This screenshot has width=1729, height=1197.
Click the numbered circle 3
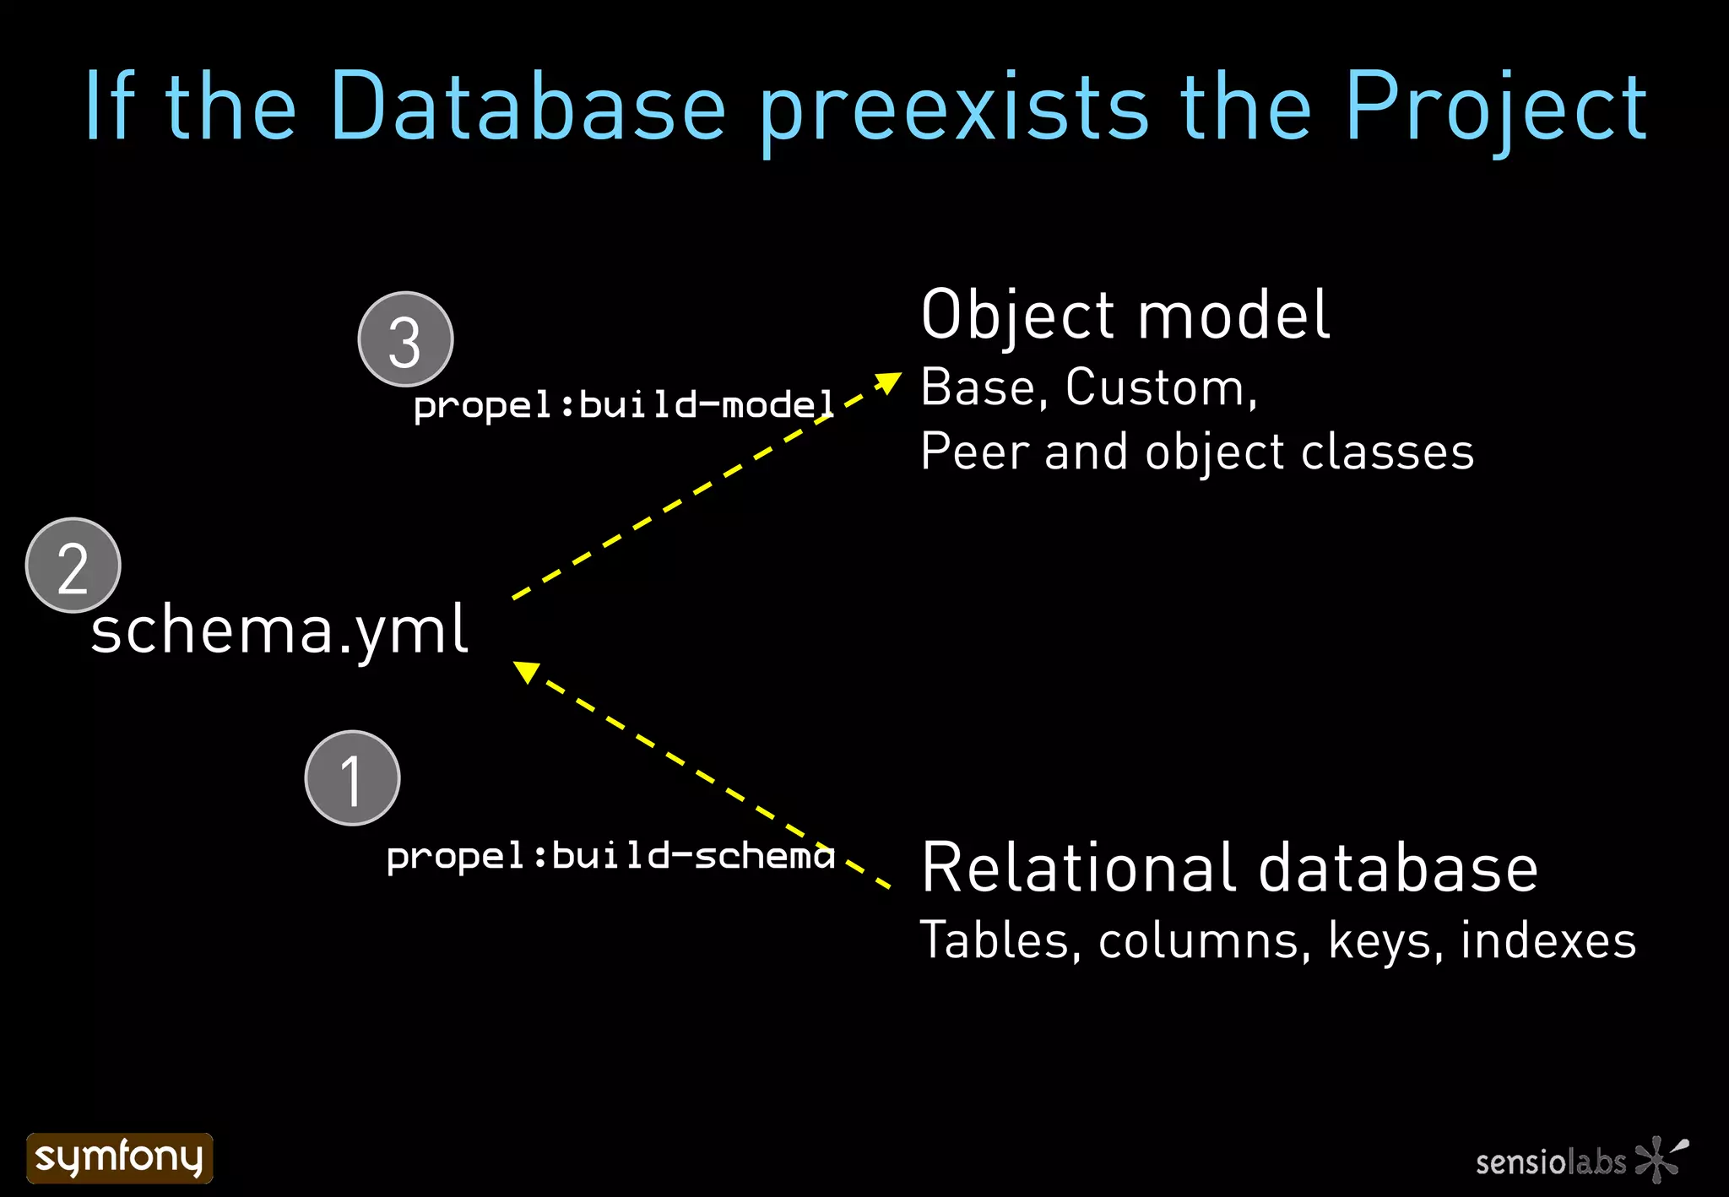click(405, 339)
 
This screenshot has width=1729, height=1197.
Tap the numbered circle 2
click(73, 565)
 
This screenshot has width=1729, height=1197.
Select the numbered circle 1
click(352, 778)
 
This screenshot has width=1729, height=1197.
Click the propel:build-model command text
click(623, 405)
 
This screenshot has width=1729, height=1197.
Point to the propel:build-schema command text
click(610, 856)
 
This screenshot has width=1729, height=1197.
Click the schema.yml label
click(279, 630)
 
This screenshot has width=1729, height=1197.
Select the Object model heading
click(1125, 314)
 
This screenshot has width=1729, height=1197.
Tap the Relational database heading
click(1229, 868)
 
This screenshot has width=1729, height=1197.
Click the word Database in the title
click(528, 106)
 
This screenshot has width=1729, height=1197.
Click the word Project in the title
click(1494, 108)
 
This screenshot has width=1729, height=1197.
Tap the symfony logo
click(119, 1157)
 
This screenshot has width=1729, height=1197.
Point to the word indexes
click(1548, 940)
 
